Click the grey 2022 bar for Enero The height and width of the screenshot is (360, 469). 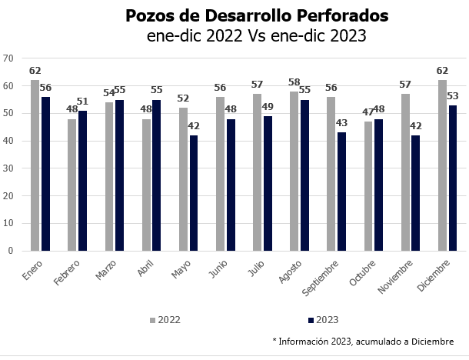[x=35, y=165]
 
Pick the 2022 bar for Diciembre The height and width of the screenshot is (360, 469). [x=442, y=165]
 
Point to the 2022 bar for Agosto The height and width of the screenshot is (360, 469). [x=294, y=171]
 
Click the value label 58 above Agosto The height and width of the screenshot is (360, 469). [x=294, y=82]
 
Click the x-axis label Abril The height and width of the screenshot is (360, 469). [x=145, y=270]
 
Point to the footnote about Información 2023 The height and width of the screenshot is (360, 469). [x=362, y=342]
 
